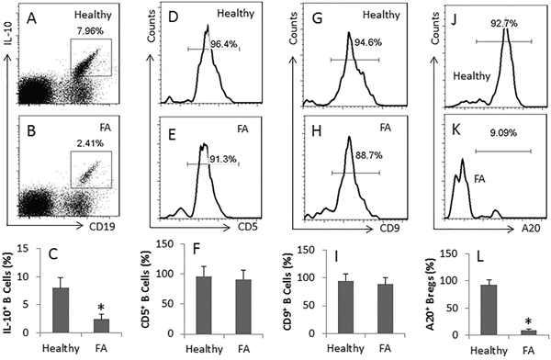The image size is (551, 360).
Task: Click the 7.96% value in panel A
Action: [90, 31]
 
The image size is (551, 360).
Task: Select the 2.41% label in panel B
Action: [90, 143]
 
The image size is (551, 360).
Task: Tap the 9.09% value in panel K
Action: [503, 133]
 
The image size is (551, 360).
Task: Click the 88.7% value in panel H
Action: [369, 155]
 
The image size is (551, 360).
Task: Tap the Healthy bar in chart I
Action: [346, 308]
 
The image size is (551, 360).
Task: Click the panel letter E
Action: [173, 135]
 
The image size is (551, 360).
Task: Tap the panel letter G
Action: [318, 18]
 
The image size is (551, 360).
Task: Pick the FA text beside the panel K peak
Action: [479, 179]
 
